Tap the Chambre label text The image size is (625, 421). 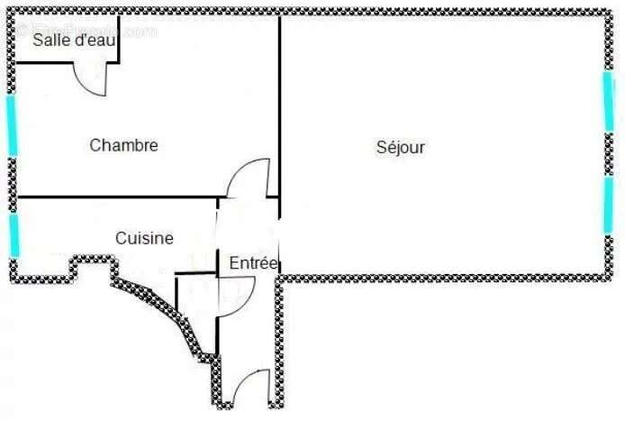click(x=124, y=145)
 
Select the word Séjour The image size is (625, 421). click(x=401, y=147)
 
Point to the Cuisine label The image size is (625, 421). click(x=144, y=239)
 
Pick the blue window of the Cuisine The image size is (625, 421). click(x=14, y=234)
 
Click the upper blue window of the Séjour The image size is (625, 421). click(x=608, y=100)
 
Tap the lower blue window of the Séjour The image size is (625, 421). click(x=608, y=205)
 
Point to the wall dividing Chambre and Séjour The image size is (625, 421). click(x=279, y=108)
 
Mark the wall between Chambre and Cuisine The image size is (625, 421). click(x=117, y=197)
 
